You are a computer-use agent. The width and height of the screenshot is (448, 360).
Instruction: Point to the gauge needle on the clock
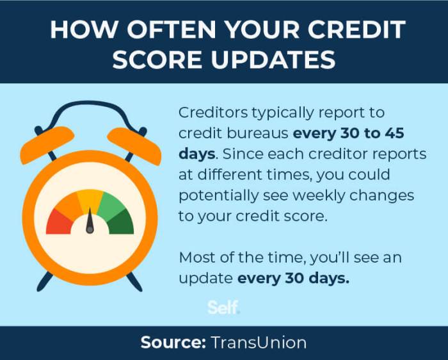pyautogui.click(x=90, y=221)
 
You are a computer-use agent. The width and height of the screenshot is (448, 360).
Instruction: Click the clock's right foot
pyautogui.click(x=134, y=280)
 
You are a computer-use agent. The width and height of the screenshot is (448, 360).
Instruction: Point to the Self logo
pyautogui.click(x=223, y=308)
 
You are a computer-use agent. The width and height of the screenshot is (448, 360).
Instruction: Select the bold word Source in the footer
pyautogui.click(x=172, y=343)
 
